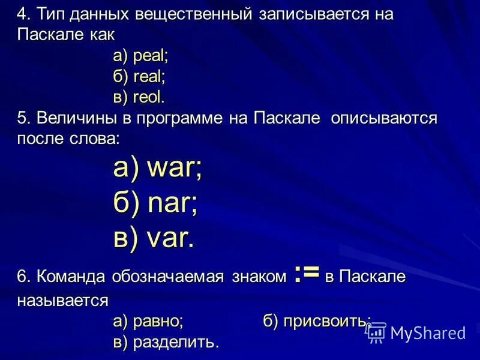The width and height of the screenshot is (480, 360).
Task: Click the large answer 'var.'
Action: click(170, 239)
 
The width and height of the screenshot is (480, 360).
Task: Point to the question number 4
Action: click(23, 15)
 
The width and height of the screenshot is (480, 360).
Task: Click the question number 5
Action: click(23, 118)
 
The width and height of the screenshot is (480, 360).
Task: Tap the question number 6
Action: click(23, 277)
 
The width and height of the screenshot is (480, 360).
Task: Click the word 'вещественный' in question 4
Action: click(192, 15)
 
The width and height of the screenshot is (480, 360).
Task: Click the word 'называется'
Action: click(62, 299)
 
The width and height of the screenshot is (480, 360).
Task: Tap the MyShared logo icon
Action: click(376, 332)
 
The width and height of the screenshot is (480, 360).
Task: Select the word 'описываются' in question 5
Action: click(384, 118)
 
